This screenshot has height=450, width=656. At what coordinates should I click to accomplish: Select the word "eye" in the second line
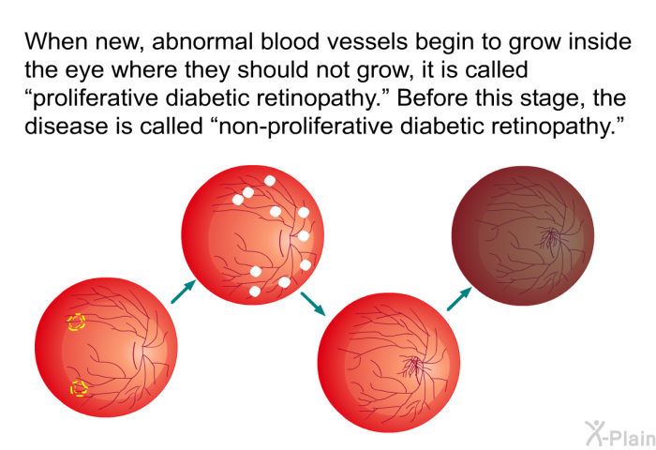pos(84,71)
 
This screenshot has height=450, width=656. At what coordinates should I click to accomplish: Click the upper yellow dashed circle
pos(76,322)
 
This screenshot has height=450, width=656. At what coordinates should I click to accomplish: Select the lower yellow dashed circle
pos(79,388)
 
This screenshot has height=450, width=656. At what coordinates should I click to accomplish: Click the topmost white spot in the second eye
pos(270,180)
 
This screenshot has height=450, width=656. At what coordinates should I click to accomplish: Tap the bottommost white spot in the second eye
pos(254,291)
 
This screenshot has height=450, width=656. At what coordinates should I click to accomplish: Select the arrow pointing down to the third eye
pos(313,303)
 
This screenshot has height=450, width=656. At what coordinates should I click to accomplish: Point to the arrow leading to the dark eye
pos(460,298)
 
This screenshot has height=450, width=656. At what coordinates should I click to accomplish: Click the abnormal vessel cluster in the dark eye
pos(549,237)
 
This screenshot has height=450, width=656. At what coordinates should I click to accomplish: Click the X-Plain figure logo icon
pos(595,432)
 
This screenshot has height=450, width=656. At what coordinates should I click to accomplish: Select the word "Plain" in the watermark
pos(633,438)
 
